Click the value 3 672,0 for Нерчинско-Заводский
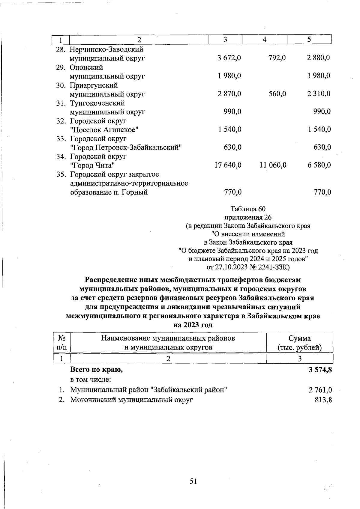pos(229,58)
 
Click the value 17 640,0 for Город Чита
pos(228,165)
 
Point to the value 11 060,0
pos(273,165)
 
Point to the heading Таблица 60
pos(248,209)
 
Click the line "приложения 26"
pos(248,217)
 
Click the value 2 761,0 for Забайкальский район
pos(320,390)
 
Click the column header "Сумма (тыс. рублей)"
pos(299,343)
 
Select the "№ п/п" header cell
pos(61,343)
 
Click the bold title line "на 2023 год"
pos(193,325)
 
